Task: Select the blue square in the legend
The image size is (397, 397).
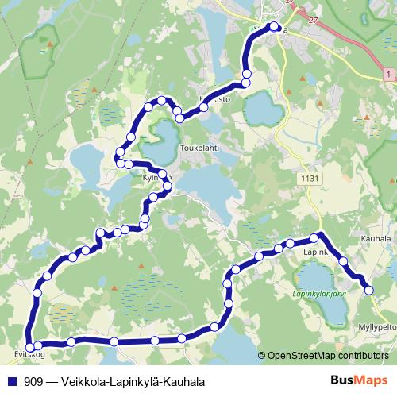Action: coord(11,381)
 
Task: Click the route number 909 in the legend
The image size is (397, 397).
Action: coord(34,381)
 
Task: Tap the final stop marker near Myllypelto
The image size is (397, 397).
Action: coord(368,291)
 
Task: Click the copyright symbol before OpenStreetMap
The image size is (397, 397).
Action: coord(263,355)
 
